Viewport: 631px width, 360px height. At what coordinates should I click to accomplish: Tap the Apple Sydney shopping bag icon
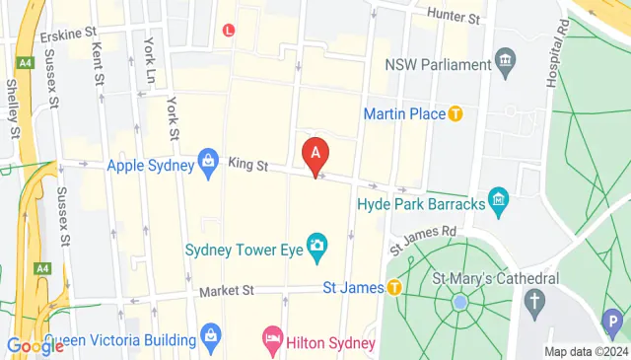(x=208, y=159)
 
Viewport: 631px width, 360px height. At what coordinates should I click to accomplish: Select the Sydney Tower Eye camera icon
(x=317, y=244)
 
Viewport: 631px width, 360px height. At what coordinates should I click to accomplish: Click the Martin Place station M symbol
(x=456, y=114)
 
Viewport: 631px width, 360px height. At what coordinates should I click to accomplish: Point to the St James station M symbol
(x=393, y=288)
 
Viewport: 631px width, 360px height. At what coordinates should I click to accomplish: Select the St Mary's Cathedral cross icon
(x=535, y=299)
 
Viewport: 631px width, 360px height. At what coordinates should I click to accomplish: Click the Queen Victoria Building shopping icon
(x=211, y=337)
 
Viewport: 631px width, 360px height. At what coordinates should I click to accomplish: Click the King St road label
(x=248, y=163)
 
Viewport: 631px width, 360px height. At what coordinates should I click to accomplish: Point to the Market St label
(x=226, y=291)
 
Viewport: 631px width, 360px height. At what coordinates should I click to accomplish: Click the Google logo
(x=35, y=346)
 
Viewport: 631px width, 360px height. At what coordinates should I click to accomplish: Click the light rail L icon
(x=230, y=30)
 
